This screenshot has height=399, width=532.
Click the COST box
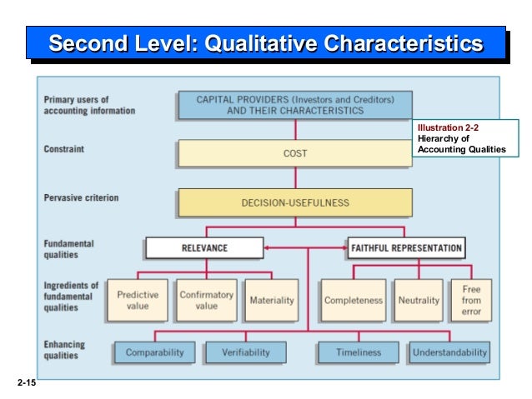pos(294,153)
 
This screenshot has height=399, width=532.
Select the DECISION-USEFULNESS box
pos(294,202)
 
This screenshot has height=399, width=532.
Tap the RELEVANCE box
pos(204,247)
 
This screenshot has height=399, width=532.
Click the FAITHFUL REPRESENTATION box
pos(405,247)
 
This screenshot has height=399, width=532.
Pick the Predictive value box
pos(138,300)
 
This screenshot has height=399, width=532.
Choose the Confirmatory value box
pos(206,300)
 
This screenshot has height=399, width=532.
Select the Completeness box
pos(354,300)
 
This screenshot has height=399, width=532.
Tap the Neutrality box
pos(419,300)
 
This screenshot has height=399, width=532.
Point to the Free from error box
pos(471,300)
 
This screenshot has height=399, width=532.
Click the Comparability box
pos(154,352)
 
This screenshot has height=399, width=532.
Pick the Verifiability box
pos(246,352)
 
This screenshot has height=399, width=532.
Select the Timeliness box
pos(358,352)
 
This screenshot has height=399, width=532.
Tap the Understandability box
pos(449,352)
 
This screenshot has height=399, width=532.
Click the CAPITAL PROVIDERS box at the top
pos(294,104)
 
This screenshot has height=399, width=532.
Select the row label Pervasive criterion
pos(81,198)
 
